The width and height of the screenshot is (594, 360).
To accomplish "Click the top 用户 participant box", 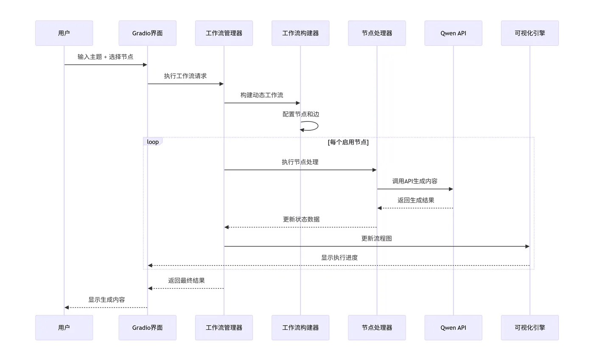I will (64, 33).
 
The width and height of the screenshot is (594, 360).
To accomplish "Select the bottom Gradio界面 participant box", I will (147, 327).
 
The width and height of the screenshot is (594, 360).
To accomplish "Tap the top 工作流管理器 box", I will (224, 33).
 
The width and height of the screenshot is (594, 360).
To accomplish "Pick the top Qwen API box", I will (453, 33).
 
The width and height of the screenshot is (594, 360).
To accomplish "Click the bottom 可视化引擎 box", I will (530, 327).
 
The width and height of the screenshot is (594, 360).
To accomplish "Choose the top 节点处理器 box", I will (377, 33).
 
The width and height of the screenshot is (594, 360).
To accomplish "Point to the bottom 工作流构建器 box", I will (300, 327).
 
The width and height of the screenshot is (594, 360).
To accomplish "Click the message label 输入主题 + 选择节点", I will (105, 57).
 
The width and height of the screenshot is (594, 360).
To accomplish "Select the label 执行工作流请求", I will (185, 76).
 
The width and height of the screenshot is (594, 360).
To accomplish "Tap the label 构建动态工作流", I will (262, 95).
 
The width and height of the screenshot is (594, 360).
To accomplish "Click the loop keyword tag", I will (153, 142).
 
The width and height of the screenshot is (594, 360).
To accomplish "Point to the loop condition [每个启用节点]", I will (348, 142).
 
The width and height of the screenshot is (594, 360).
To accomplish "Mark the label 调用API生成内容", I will (415, 181).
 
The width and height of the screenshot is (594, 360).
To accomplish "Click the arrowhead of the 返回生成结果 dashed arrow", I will (380, 208).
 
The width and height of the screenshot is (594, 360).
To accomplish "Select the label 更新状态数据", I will (301, 219).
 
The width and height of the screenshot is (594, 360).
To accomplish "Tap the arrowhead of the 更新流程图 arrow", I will (527, 246).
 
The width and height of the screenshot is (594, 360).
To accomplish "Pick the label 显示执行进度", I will (339, 258).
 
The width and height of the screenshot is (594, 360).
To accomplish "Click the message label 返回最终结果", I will (186, 281).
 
